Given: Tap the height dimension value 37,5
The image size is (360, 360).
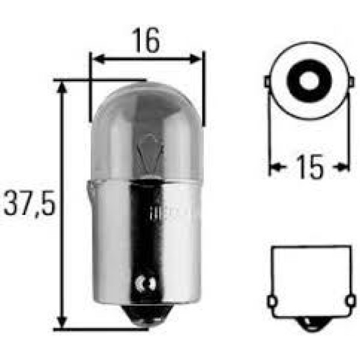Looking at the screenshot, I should click(29, 205).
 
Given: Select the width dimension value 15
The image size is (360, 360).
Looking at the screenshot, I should click(309, 167).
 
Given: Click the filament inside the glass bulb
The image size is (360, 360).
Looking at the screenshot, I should click(148, 150).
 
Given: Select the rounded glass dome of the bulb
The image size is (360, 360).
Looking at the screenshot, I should click(147, 120).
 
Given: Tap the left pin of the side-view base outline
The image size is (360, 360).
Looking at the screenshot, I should click(271, 299).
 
